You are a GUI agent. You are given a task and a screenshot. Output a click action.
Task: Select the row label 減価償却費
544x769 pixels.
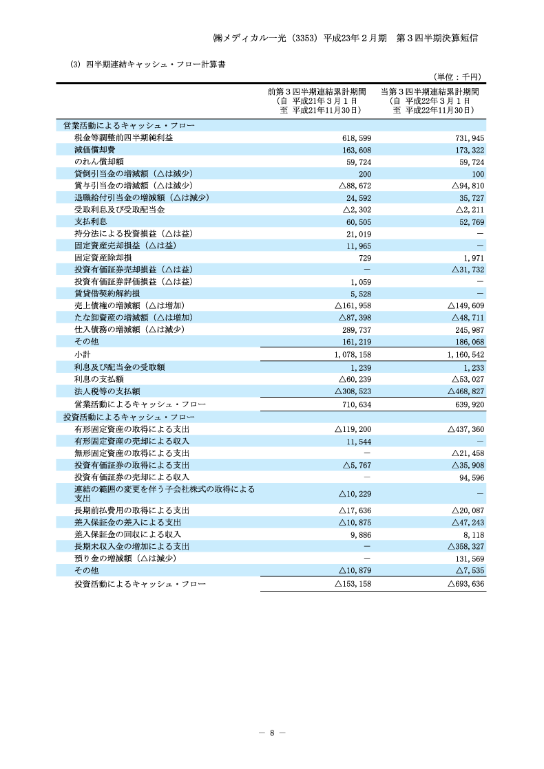94,150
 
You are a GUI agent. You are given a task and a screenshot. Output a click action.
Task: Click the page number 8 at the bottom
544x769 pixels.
272,733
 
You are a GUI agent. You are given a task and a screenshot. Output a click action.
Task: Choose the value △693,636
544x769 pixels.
466,584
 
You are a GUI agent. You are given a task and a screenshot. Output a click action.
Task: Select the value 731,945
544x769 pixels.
468,138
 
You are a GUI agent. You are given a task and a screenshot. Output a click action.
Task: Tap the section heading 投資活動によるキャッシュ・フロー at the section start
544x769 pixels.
129,418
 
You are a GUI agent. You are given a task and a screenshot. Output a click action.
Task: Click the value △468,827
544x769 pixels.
468,391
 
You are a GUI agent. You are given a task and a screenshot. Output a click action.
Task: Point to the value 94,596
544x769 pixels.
470,477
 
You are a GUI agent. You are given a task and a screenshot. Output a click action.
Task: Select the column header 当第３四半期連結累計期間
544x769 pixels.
430,91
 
